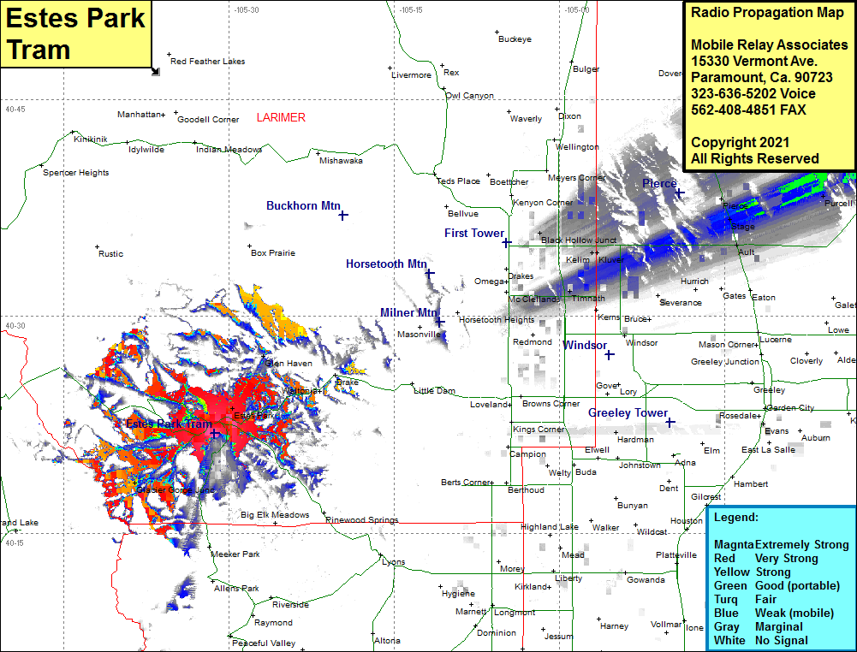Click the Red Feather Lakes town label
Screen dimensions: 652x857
(x=207, y=62)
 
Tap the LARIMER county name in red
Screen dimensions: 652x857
(x=281, y=117)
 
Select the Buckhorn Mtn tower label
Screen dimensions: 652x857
(x=303, y=205)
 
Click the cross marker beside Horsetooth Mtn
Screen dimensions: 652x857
(x=430, y=273)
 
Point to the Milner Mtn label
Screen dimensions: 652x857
(x=408, y=312)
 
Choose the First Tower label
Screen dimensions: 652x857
(x=474, y=233)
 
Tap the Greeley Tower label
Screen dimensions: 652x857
(x=628, y=412)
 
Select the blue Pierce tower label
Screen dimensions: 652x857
(x=659, y=183)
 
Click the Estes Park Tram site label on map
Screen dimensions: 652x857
(x=169, y=424)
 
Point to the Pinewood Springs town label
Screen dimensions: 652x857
(x=362, y=520)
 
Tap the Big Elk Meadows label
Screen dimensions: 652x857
(x=275, y=515)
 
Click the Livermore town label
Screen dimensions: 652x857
(x=412, y=75)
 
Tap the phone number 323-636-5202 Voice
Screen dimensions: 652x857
(x=753, y=93)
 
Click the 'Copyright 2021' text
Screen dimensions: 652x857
(x=740, y=142)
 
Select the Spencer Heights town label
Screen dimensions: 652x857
(x=76, y=173)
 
